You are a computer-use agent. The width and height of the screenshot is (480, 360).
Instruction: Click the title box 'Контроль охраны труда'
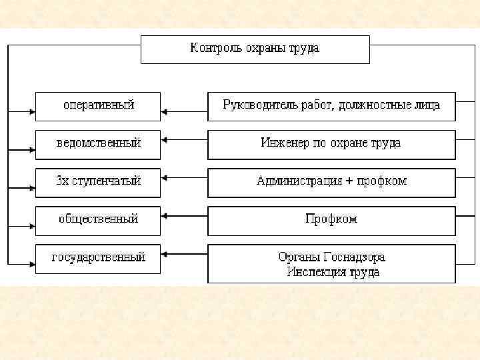[255, 49]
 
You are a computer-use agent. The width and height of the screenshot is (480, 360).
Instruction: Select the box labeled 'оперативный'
[98, 105]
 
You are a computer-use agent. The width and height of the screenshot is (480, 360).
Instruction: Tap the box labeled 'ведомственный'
[98, 143]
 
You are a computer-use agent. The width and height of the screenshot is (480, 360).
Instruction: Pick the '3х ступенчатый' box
[98, 181]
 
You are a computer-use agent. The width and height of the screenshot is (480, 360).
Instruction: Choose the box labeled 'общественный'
[98, 219]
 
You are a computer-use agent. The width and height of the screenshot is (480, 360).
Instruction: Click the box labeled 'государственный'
[98, 258]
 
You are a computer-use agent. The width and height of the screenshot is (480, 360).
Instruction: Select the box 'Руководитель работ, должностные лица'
[331, 105]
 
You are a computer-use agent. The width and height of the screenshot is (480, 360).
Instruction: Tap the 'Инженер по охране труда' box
[331, 143]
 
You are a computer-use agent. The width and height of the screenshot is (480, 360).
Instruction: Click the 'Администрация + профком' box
[331, 181]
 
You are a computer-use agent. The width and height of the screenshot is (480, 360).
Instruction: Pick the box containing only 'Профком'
[331, 219]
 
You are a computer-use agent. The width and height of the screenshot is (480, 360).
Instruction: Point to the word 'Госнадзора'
[353, 257]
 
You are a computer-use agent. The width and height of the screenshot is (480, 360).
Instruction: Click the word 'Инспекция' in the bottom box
[311, 272]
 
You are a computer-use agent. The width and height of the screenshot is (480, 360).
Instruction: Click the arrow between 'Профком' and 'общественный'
[184, 215]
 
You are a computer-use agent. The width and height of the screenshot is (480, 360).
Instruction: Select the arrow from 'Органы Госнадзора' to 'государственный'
[184, 253]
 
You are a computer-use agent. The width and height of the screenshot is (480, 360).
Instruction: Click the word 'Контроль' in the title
[213, 49]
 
